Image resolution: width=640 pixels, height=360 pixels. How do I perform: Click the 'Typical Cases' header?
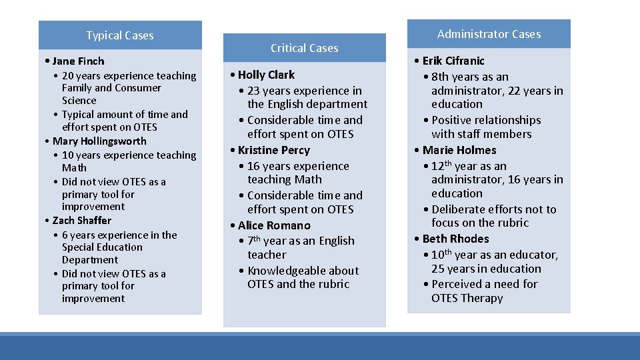(x=120, y=36)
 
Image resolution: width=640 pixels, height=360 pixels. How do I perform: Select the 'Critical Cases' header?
(x=304, y=48)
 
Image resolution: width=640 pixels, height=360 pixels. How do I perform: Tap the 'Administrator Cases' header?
(x=489, y=34)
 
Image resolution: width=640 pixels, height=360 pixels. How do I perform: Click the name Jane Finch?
(x=78, y=61)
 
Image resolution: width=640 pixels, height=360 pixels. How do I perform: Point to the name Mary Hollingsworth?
(x=99, y=141)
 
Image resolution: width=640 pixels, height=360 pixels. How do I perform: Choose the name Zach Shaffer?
(x=82, y=221)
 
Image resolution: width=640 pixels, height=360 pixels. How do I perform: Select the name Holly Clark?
(x=266, y=75)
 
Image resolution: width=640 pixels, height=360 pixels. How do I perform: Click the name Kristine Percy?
(x=273, y=150)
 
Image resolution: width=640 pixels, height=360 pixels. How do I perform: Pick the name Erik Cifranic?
(x=453, y=61)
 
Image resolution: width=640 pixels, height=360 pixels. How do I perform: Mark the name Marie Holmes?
(x=459, y=150)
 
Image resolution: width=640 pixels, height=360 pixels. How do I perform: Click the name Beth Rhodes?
(x=455, y=239)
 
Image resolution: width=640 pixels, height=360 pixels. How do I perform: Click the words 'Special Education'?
(x=102, y=247)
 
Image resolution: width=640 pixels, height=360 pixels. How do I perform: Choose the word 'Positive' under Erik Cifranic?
(x=453, y=120)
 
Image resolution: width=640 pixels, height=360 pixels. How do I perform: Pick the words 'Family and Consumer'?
(x=111, y=88)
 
